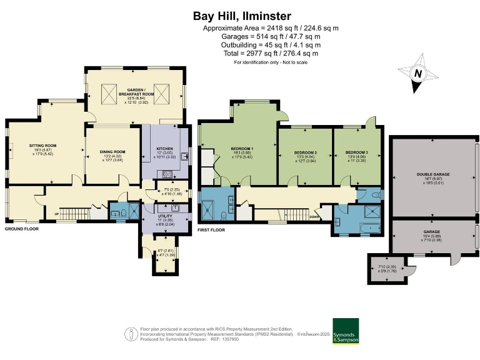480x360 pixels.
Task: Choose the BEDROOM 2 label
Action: tap(306, 152)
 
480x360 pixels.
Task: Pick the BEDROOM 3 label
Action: tap(357, 152)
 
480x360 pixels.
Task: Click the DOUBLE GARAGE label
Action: tap(433, 174)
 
